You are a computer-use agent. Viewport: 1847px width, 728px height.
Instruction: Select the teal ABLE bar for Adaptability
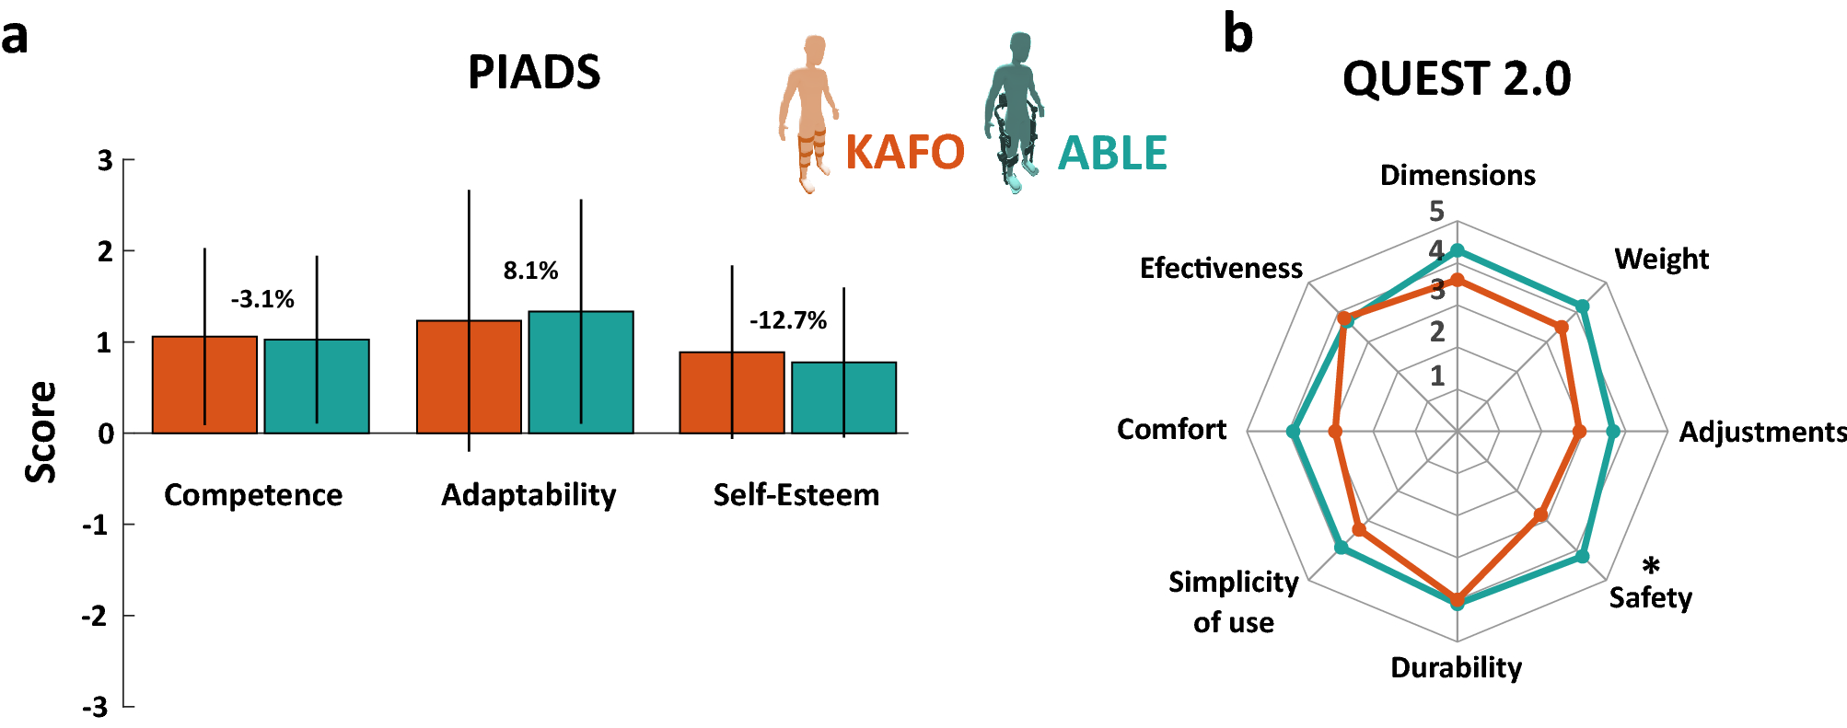pos(580,372)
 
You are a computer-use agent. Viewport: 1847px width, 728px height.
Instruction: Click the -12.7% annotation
pos(787,320)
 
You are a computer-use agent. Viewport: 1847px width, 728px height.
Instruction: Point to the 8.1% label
pos(530,271)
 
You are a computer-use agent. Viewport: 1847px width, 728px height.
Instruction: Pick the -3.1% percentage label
pos(262,299)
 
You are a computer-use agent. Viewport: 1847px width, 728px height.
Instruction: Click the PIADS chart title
pos(534,72)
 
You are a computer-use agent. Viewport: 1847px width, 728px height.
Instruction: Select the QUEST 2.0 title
pos(1457,78)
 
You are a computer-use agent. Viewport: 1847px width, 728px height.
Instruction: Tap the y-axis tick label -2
pos(96,616)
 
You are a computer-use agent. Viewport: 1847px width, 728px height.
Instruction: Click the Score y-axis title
pos(41,432)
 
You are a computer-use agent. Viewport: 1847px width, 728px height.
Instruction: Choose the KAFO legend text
pos(904,153)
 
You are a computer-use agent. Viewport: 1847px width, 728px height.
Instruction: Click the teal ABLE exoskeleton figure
pos(1016,110)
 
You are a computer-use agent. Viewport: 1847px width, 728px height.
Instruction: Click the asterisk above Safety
pos(1651,565)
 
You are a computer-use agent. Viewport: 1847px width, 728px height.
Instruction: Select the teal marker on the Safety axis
pos(1582,556)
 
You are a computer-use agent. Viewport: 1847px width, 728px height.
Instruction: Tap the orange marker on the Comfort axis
pos(1335,431)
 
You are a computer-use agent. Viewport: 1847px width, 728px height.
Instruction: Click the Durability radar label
pos(1456,667)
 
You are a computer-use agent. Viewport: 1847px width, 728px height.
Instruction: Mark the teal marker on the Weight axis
pos(1582,306)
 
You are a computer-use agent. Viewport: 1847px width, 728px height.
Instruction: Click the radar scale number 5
pos(1436,212)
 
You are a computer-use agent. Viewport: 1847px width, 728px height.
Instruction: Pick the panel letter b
pos(1237,35)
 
